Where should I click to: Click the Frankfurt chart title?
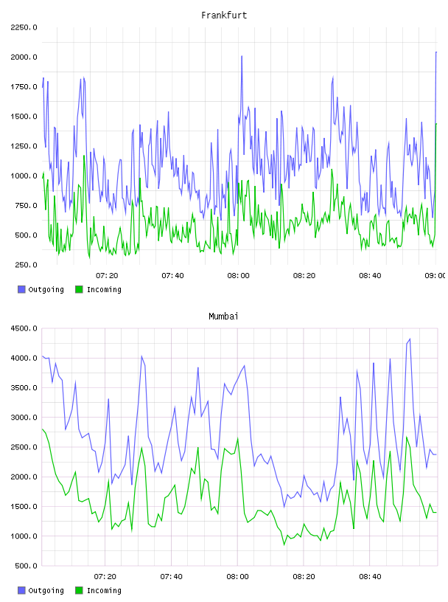[224, 15]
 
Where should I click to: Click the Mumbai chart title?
[223, 316]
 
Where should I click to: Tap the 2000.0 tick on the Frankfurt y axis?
[24, 58]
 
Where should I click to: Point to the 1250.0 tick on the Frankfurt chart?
[24, 146]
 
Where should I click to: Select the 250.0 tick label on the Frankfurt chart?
[26, 265]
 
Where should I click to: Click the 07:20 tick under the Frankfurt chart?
[107, 276]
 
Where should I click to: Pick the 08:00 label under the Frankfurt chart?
[238, 276]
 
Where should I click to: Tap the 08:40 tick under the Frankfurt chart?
[370, 276]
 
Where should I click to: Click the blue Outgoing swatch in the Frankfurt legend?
[21, 289]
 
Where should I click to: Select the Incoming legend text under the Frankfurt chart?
[104, 289]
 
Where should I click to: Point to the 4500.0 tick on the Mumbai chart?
[24, 328]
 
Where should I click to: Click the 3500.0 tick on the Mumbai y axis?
[24, 388]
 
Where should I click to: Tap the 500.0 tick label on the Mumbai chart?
[26, 566]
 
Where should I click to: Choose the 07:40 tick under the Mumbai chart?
[172, 577]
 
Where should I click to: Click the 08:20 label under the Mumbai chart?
[304, 577]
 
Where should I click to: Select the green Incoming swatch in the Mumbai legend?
[79, 590]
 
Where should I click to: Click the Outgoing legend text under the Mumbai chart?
[46, 590]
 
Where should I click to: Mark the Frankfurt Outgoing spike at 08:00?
[242, 56]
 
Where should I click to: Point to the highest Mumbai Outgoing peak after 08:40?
[410, 339]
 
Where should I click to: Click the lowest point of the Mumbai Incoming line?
[284, 544]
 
